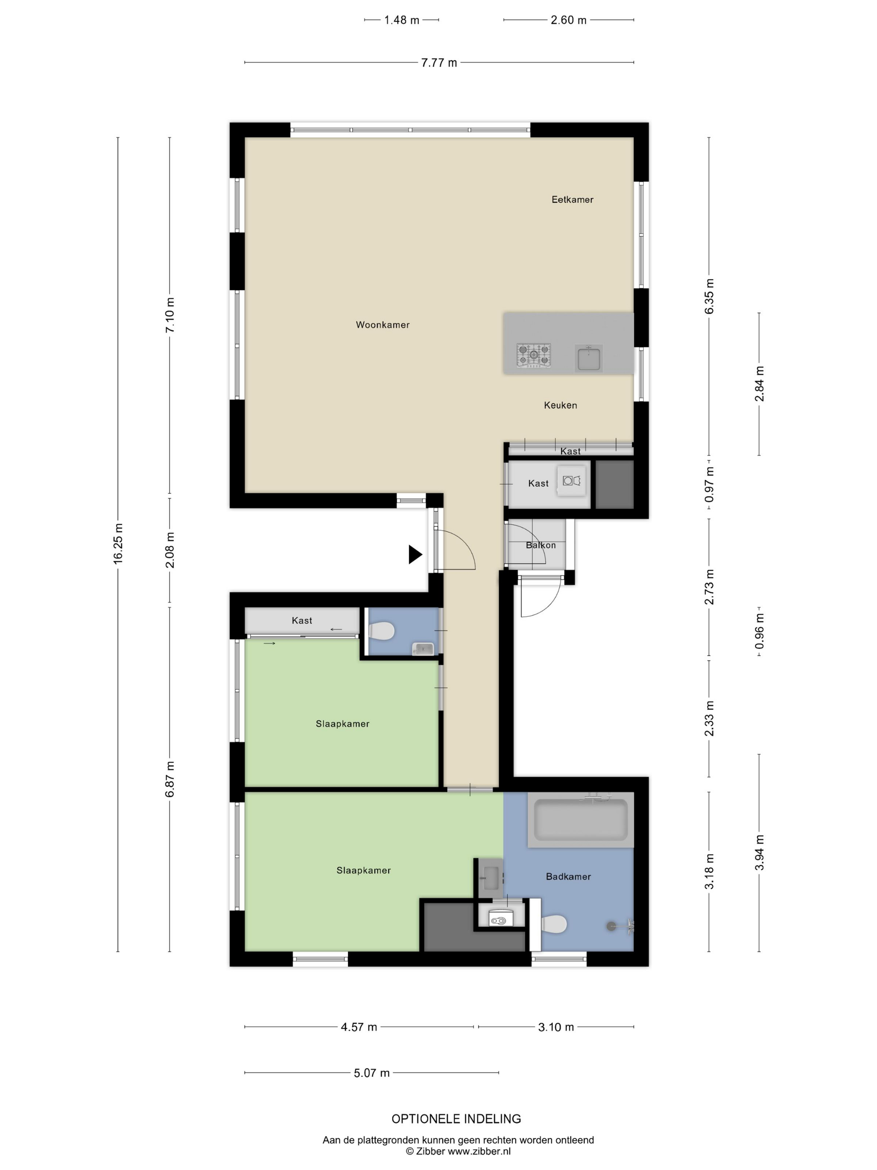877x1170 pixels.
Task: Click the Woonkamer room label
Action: (382, 325)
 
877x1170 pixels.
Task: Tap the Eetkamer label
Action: (572, 199)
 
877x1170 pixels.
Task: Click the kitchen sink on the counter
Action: (588, 358)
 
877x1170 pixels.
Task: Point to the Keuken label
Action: (560, 405)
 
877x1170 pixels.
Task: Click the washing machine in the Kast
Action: (571, 481)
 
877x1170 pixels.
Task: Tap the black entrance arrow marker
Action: (415, 554)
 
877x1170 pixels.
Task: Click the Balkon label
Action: (540, 545)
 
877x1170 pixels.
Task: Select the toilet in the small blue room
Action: (382, 631)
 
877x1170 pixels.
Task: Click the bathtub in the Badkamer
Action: (580, 819)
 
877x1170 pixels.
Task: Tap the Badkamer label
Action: (568, 876)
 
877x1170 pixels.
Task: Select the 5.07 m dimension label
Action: (372, 1073)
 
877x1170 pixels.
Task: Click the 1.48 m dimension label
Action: (402, 20)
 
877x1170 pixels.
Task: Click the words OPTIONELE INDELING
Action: (456, 1119)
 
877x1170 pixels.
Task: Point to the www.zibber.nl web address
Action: (479, 1151)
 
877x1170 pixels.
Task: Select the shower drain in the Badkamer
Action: (611, 926)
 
